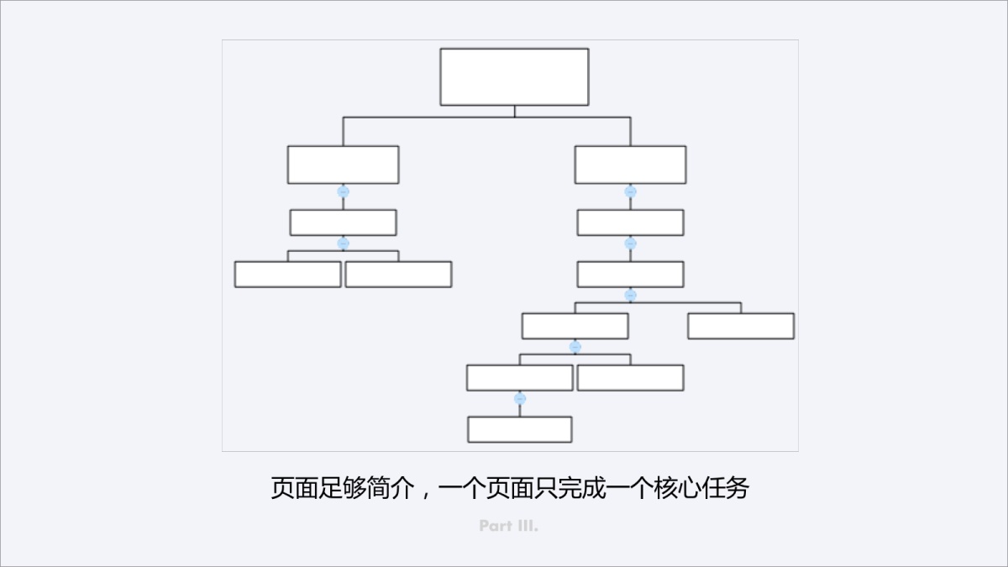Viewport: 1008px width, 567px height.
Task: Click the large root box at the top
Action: pyautogui.click(x=514, y=77)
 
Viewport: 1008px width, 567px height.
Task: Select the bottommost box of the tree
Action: pyautogui.click(x=520, y=429)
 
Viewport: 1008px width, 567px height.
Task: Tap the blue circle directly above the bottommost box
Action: pyautogui.click(x=520, y=399)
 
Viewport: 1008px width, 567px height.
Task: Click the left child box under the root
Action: pyautogui.click(x=343, y=165)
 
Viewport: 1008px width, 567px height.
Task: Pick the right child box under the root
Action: pyautogui.click(x=630, y=165)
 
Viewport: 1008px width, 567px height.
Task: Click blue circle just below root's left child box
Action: pyautogui.click(x=343, y=192)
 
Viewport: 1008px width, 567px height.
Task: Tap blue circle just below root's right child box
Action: pyautogui.click(x=630, y=192)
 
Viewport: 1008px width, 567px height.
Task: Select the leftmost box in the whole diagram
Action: pyautogui.click(x=287, y=274)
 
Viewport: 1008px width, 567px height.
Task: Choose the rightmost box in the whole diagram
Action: pyautogui.click(x=741, y=326)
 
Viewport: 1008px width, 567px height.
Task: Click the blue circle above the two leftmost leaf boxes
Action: pyautogui.click(x=343, y=244)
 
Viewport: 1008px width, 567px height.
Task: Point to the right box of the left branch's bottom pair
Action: pyautogui.click(x=398, y=274)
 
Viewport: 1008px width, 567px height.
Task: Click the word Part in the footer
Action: pyautogui.click(x=496, y=526)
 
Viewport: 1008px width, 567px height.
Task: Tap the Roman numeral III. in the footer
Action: pyautogui.click(x=528, y=526)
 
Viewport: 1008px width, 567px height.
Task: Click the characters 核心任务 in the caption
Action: pyautogui.click(x=701, y=488)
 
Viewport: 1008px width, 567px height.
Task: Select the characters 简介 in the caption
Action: pyautogui.click(x=391, y=488)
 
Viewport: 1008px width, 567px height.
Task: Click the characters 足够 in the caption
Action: pyautogui.click(x=343, y=488)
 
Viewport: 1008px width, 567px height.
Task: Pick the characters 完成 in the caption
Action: pyautogui.click(x=581, y=488)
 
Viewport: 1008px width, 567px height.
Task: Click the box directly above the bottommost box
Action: pyautogui.click(x=520, y=377)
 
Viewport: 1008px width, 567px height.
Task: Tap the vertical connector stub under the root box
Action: pyautogui.click(x=514, y=112)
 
